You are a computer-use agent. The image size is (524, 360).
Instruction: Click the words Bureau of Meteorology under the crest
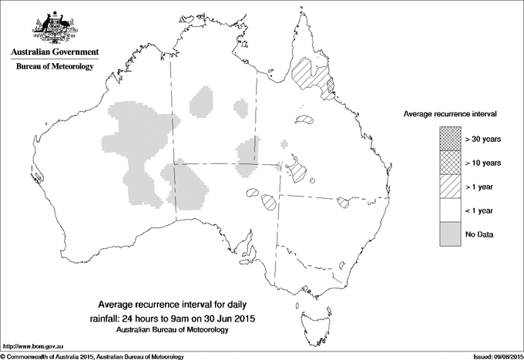pyautogui.click(x=55, y=67)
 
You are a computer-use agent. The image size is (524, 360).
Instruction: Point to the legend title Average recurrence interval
pyautogui.click(x=451, y=113)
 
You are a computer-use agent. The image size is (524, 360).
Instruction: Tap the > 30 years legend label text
pyautogui.click(x=483, y=139)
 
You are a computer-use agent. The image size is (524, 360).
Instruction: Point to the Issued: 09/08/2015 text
pyautogui.click(x=492, y=356)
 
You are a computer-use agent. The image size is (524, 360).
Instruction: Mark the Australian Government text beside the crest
pyautogui.click(x=55, y=52)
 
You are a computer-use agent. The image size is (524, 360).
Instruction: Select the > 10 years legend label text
pyautogui.click(x=483, y=163)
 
